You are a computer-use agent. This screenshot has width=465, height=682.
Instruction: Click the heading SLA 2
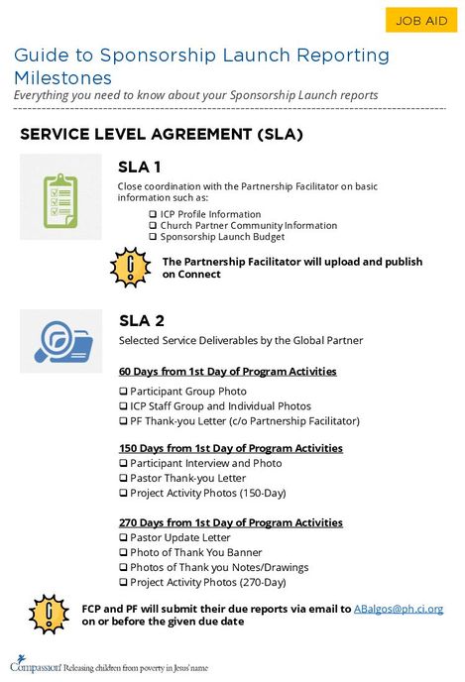click(142, 320)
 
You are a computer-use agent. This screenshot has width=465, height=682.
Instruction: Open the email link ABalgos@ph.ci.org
click(399, 608)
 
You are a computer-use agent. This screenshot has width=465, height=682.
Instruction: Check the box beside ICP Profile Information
click(153, 214)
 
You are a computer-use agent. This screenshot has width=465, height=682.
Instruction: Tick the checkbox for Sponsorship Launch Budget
click(153, 237)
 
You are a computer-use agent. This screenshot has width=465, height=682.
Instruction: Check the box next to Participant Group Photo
click(123, 392)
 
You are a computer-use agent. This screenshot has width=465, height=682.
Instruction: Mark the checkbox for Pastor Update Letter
click(123, 537)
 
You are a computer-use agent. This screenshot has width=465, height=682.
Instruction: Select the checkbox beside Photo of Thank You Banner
click(123, 552)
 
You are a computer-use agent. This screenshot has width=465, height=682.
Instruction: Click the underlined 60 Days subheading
click(227, 372)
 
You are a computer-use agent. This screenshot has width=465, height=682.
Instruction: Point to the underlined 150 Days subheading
click(230, 448)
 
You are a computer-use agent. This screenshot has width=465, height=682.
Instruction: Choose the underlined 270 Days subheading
click(230, 522)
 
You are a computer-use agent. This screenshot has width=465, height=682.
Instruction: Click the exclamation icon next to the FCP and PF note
click(47, 614)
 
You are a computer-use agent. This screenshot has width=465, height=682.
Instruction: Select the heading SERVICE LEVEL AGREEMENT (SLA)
click(161, 133)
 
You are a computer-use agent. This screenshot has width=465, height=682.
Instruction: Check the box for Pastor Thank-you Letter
click(123, 478)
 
